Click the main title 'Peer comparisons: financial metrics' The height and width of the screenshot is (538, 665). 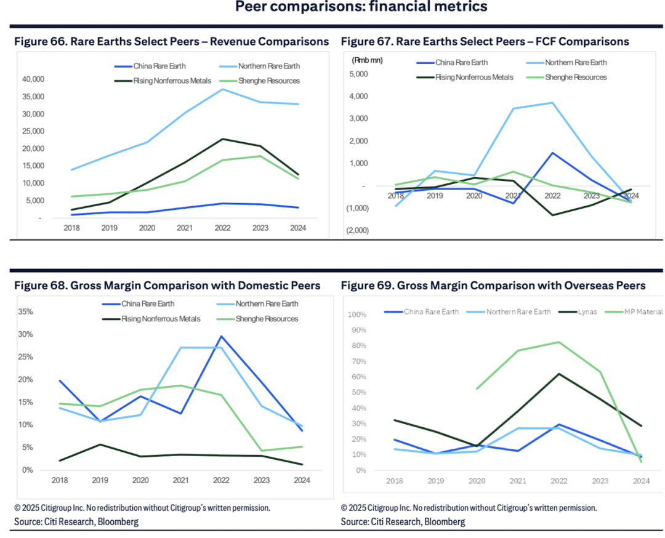click(x=361, y=7)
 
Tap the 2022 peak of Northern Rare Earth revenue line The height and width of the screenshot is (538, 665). click(x=223, y=89)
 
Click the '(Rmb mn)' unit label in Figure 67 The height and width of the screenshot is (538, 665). click(x=366, y=60)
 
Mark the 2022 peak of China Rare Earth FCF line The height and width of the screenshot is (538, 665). click(x=553, y=153)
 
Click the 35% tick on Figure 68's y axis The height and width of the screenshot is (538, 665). click(x=25, y=311)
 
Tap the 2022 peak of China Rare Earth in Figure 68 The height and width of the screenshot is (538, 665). click(x=220, y=336)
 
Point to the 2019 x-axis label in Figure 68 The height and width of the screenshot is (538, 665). click(x=100, y=480)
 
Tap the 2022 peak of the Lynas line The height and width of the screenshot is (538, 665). click(x=558, y=374)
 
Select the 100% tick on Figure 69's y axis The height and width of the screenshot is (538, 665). click(x=357, y=315)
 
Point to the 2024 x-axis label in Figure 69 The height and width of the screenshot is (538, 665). click(x=640, y=480)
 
